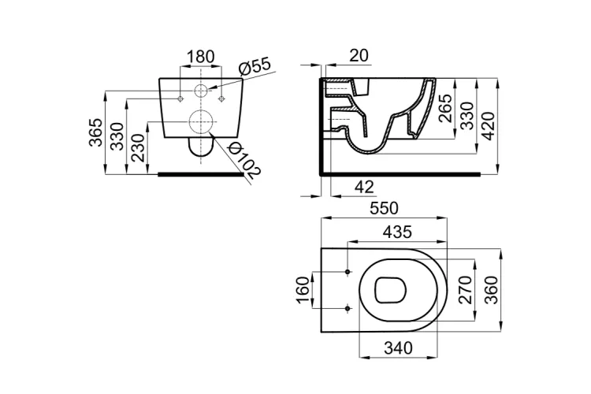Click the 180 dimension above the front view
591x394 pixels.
click(x=200, y=57)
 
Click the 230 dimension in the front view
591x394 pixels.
click(x=139, y=148)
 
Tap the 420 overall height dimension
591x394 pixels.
click(x=489, y=125)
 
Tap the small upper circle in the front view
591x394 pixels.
click(x=200, y=91)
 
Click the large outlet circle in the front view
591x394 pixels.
click(x=202, y=123)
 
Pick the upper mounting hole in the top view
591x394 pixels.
click(x=348, y=273)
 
